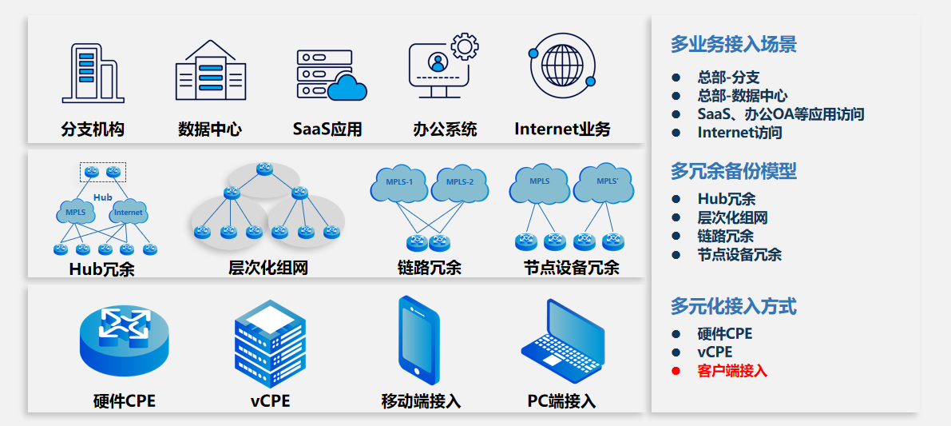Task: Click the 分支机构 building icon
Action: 91,72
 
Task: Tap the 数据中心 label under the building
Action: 209,129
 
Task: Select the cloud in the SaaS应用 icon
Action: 347,86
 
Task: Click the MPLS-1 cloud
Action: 399,184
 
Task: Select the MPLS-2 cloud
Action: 459,184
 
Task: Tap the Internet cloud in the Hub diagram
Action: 128,212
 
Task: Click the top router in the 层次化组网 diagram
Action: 265,169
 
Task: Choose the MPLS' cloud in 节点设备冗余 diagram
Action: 604,183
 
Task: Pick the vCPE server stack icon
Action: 269,344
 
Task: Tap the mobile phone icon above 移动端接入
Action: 419,340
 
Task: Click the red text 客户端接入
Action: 731,371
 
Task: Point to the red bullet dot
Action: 676,371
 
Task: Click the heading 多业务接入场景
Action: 733,45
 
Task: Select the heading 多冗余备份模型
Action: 733,171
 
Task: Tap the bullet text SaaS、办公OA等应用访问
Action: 780,114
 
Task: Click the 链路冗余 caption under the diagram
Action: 429,268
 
